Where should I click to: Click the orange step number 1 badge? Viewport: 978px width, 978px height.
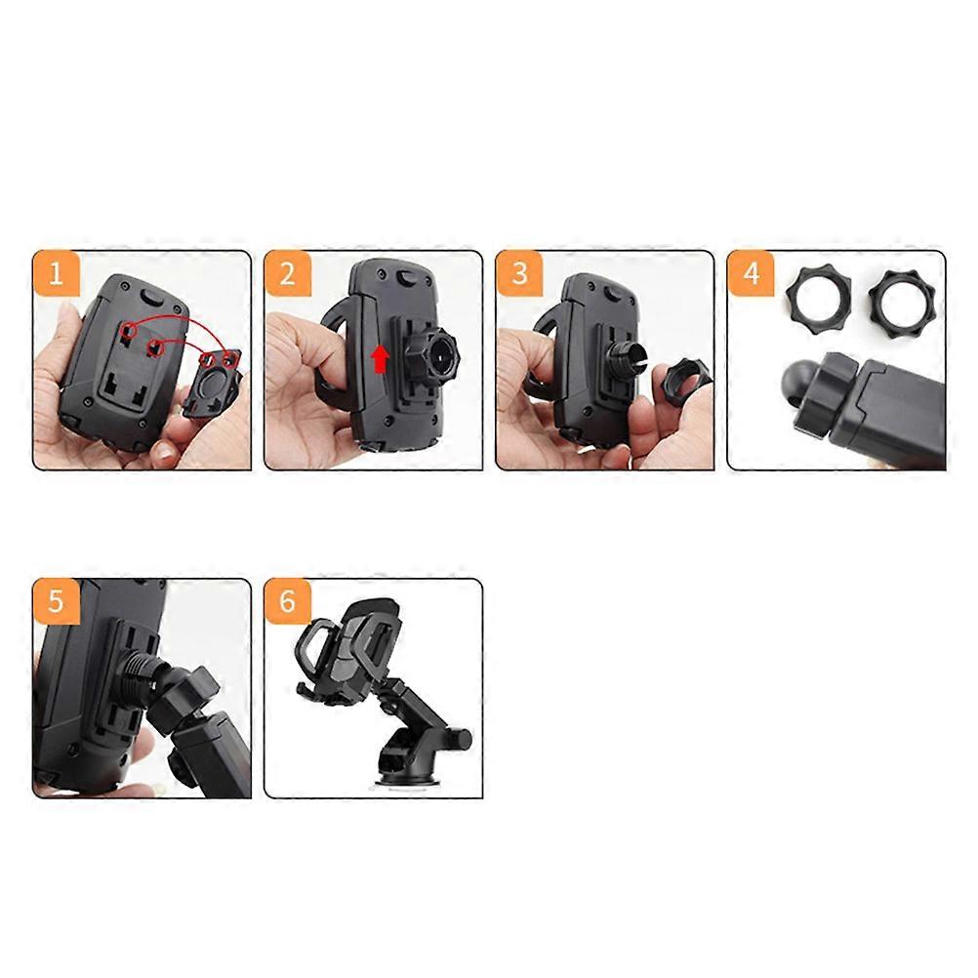click(56, 273)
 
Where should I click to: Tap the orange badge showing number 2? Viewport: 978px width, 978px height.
click(287, 273)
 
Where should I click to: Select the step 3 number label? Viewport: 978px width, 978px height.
click(518, 273)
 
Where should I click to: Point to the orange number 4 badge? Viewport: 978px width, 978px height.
click(750, 273)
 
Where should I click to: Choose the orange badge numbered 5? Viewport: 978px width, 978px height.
click(56, 601)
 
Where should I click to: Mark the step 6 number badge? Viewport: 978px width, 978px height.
click(287, 601)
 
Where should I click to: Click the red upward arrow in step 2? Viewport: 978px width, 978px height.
click(379, 358)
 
